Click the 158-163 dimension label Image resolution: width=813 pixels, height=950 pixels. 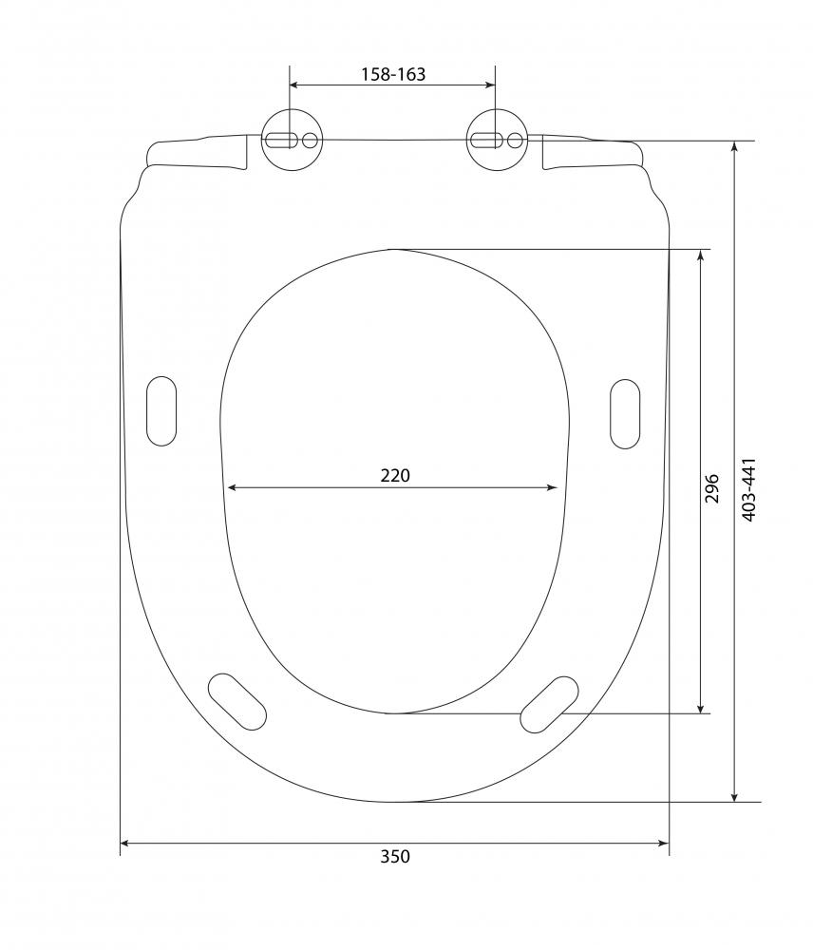[393, 74]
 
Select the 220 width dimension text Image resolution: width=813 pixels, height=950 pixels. [395, 476]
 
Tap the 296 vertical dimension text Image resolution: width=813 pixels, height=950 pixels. [711, 488]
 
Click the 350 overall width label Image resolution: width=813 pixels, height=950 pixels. [395, 856]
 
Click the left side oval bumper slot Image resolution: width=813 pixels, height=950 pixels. [161, 410]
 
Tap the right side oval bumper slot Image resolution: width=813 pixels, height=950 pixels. [625, 414]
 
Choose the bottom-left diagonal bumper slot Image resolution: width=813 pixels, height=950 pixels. [236, 701]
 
